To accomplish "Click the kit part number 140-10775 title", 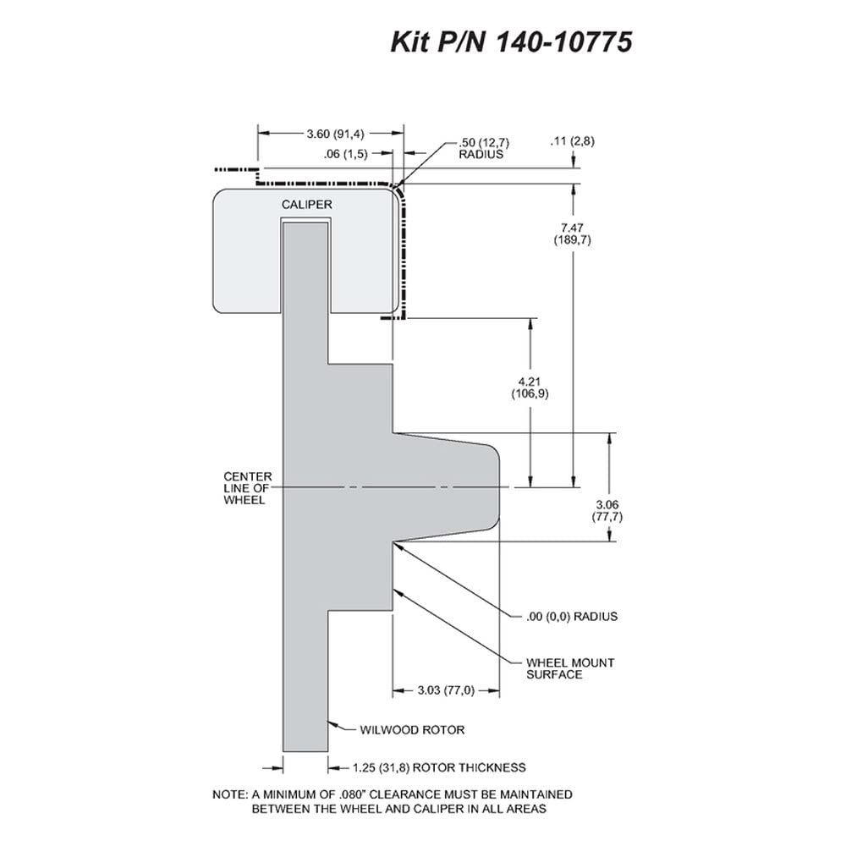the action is pos(511,42).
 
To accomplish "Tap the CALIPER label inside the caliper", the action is pos(306,205).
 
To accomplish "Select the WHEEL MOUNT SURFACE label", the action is pos(570,668).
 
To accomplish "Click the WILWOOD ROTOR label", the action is pos(412,730).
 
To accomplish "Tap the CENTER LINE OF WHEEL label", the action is pos(248,488).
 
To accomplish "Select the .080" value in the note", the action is pos(353,794).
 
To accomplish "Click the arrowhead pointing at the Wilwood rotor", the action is pos(332,723).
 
